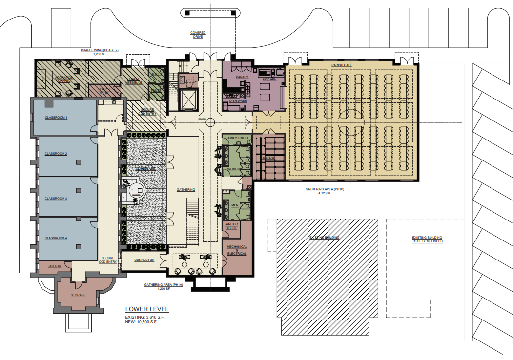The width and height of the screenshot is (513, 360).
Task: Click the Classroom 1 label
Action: coord(56,118)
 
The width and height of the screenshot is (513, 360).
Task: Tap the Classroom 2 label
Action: coord(56,154)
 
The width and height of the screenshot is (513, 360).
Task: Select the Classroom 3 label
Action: coord(56,199)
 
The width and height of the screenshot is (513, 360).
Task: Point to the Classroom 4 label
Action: coord(56,238)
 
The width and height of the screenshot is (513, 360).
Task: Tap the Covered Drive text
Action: coord(198,35)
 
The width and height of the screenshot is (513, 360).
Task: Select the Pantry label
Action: coord(242,77)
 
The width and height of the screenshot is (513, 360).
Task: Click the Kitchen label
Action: coord(269,79)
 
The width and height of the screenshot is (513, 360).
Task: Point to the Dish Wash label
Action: coord(238,101)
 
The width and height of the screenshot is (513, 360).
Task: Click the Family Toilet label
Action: coord(237,138)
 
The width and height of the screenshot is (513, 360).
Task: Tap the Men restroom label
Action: coord(234,205)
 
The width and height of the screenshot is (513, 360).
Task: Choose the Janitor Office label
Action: coord(231,226)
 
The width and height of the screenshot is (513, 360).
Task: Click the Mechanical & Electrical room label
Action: coord(237,250)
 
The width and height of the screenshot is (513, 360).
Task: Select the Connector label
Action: coord(144,260)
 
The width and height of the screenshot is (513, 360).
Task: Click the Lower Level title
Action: coord(147,309)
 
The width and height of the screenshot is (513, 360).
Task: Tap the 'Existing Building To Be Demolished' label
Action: coord(427,240)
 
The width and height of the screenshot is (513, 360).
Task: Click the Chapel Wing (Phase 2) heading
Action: coord(103,50)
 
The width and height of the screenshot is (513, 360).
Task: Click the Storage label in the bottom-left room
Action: coord(79,295)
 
